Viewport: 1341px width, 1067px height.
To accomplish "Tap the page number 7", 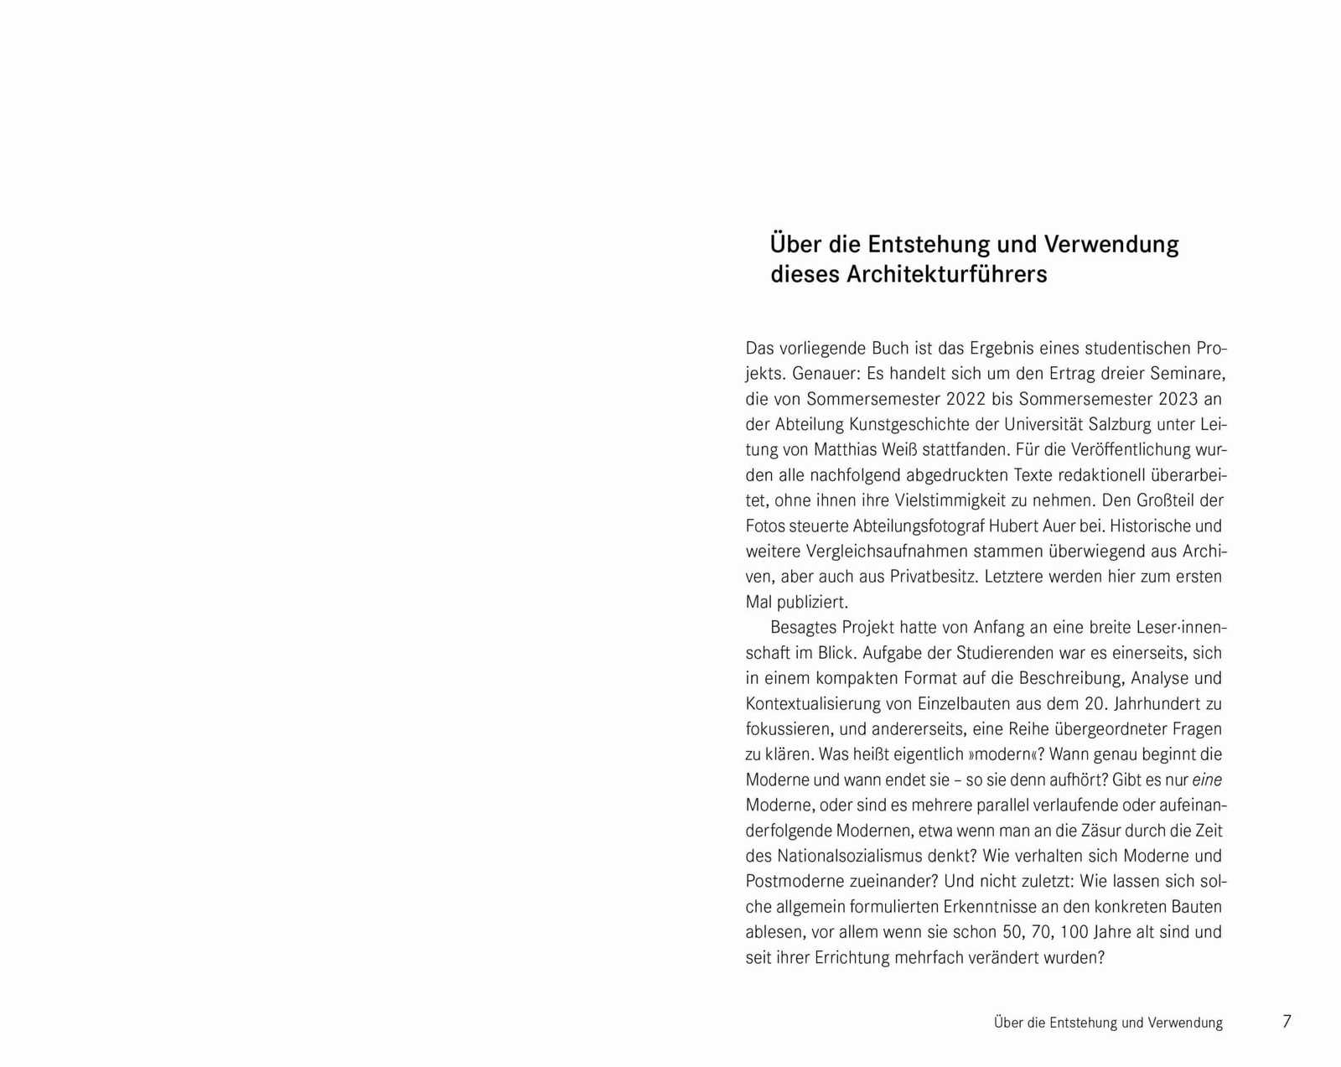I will pyautogui.click(x=1287, y=1022).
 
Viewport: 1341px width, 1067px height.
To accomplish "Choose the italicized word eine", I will pyautogui.click(x=1207, y=780).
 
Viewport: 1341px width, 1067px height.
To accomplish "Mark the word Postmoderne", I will pyautogui.click(x=793, y=881).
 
